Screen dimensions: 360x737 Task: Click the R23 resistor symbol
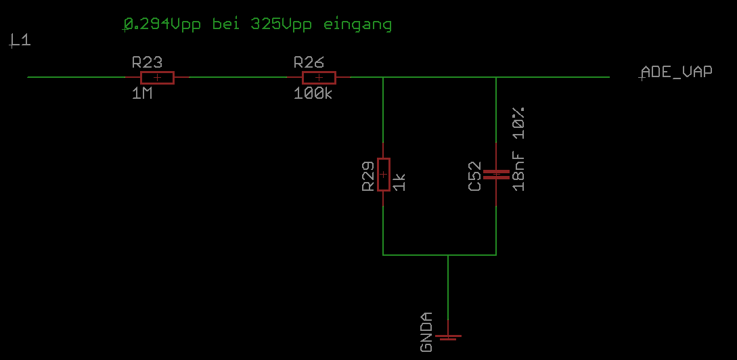coord(157,77)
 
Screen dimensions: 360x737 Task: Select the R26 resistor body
coord(319,77)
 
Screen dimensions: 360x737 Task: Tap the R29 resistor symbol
coord(383,174)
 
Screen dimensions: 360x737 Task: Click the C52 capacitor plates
coord(496,174)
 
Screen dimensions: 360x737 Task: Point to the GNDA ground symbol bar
coord(447,336)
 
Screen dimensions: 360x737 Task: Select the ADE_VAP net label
coord(676,72)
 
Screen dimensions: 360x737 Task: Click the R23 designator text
coord(147,62)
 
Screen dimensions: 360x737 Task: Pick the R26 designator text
coord(309,62)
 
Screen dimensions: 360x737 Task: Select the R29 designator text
coord(367,177)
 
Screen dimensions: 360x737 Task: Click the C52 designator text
coord(475,176)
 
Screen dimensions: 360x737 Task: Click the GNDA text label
coord(426,332)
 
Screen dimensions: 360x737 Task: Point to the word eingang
coord(358,25)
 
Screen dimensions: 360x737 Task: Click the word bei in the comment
coord(227,24)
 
